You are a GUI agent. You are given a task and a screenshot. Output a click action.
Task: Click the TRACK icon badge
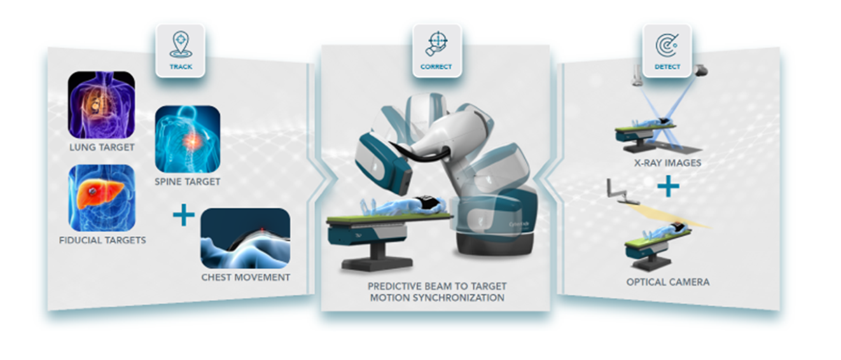pos(181,51)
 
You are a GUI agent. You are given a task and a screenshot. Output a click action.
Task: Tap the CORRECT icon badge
pos(437,51)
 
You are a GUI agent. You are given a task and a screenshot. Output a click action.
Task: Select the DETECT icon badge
pos(667,51)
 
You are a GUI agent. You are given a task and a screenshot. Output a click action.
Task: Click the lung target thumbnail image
pos(101,105)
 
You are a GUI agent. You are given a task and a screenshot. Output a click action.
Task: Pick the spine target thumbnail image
pos(188,139)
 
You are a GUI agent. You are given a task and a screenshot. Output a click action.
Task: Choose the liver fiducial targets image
pos(102,198)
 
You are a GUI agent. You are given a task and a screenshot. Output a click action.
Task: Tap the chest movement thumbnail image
pos(246,239)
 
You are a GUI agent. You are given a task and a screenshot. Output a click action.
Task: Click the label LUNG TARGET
pos(102,147)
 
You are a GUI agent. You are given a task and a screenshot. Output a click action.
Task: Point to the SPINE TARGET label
pos(187,182)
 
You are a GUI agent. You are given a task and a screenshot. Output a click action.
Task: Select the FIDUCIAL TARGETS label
pos(102,240)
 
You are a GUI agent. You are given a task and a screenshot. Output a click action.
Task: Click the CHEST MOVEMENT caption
pos(246,277)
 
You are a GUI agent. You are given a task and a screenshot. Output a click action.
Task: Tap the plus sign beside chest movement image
pos(184,215)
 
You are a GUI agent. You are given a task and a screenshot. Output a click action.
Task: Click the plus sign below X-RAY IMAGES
pos(669,186)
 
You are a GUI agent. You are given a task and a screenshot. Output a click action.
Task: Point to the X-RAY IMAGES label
pos(667,163)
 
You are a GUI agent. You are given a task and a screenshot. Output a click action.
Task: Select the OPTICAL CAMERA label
pos(668,282)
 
